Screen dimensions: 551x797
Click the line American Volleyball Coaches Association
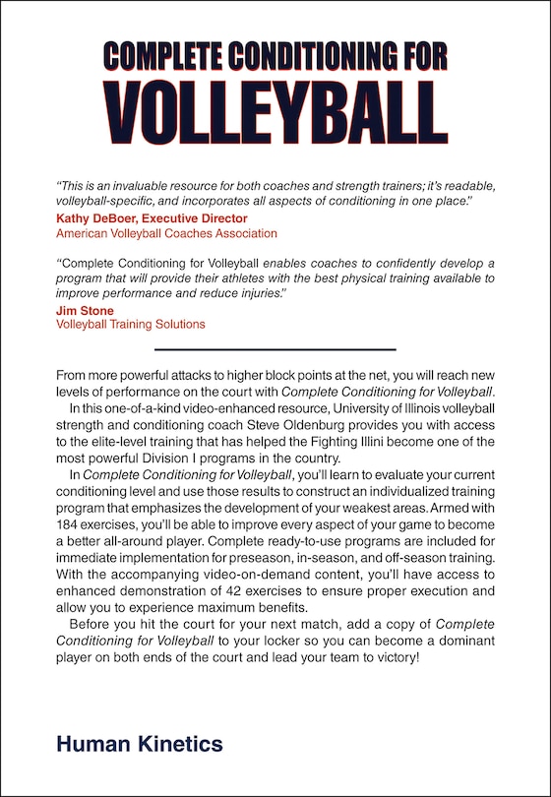pos(166,233)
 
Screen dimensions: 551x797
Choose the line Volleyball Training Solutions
pos(131,324)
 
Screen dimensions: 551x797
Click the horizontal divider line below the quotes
pos(275,349)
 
